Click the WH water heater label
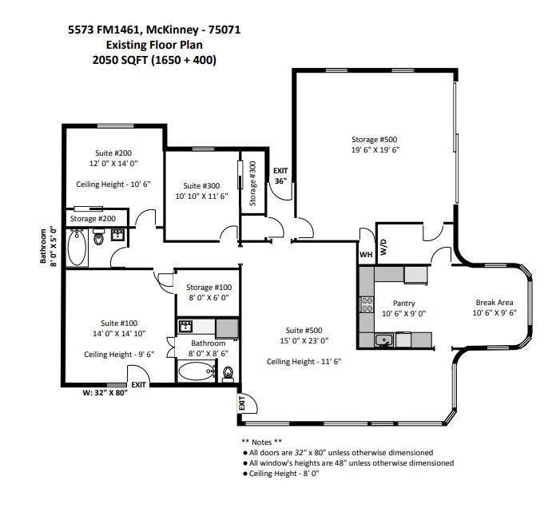(x=366, y=255)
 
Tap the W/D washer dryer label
(x=383, y=247)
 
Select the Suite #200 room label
(x=113, y=153)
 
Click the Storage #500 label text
(x=375, y=140)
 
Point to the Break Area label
(x=494, y=303)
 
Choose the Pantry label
(x=404, y=304)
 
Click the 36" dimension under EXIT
(x=280, y=181)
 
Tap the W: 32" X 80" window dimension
(x=105, y=393)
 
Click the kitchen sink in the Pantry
(x=384, y=340)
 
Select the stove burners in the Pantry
(x=367, y=304)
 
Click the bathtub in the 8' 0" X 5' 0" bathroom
(x=77, y=247)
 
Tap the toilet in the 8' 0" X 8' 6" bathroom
(x=228, y=373)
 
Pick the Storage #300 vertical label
(x=253, y=184)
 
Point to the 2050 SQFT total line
(x=154, y=60)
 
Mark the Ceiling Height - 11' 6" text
(x=304, y=362)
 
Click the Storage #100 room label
(x=209, y=288)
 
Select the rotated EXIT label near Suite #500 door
(x=242, y=403)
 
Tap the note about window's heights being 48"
(x=348, y=463)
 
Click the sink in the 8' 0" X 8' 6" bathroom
(x=185, y=326)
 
